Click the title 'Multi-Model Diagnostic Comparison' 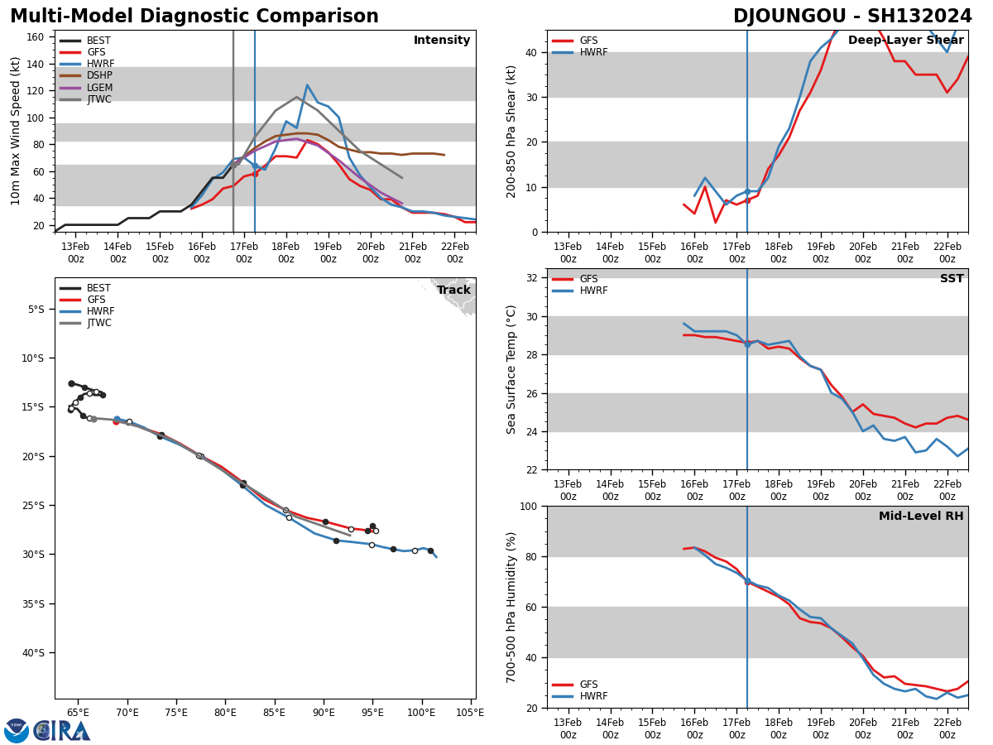[x=194, y=17]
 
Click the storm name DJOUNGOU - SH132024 [x=852, y=17]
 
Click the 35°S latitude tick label [x=31, y=603]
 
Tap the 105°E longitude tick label [x=470, y=713]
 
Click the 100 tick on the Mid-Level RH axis [x=527, y=506]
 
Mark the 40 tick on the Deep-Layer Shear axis [x=531, y=52]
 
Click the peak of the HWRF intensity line [x=307, y=84]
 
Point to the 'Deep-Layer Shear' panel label [x=905, y=41]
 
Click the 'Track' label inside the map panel [x=453, y=291]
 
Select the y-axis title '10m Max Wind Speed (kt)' [x=16, y=130]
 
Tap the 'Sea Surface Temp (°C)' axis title [x=511, y=369]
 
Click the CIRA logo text [x=61, y=730]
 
